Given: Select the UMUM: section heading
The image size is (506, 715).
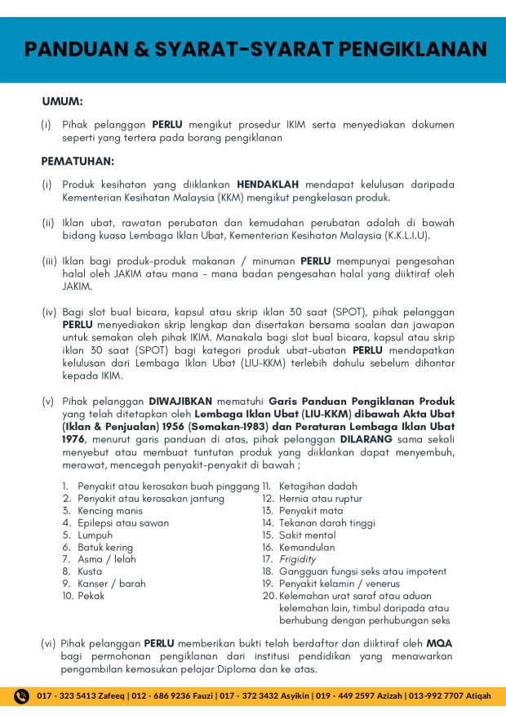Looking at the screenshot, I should click(x=62, y=102).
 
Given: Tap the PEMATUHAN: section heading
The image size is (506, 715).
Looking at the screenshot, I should click(x=78, y=161).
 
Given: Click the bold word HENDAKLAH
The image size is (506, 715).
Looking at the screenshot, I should click(x=269, y=184).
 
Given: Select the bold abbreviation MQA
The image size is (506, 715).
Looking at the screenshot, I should click(x=439, y=643).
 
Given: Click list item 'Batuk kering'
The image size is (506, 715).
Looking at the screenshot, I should click(x=104, y=548).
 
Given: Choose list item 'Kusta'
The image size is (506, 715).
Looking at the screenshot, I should click(x=90, y=572).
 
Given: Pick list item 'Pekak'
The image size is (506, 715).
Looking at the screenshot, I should click(x=91, y=597).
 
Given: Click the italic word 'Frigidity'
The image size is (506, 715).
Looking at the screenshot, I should click(x=298, y=560).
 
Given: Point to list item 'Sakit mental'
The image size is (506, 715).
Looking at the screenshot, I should click(x=307, y=535).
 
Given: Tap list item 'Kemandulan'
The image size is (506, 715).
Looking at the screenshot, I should click(x=306, y=548).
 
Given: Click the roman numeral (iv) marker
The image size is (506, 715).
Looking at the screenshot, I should click(x=49, y=311).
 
